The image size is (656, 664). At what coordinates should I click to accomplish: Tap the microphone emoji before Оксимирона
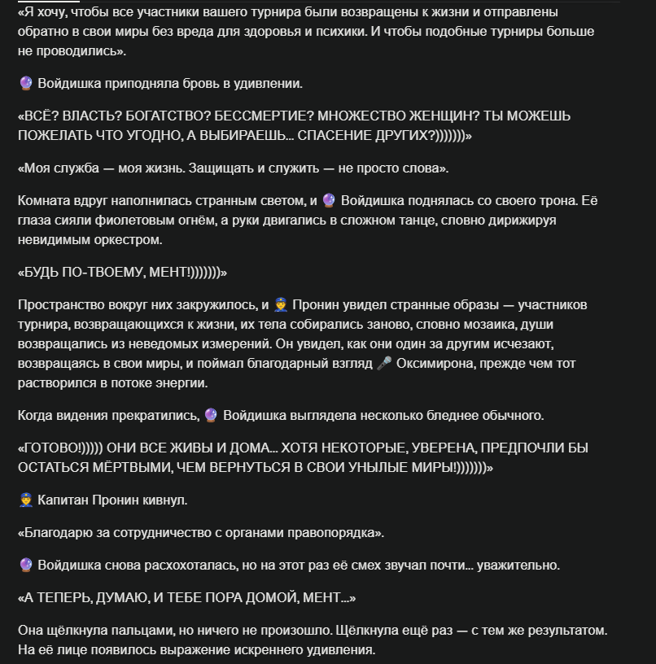pyautogui.click(x=385, y=363)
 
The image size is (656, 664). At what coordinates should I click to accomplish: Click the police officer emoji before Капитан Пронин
pyautogui.click(x=25, y=499)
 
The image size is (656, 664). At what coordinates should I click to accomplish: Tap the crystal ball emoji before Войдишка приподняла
pyautogui.click(x=25, y=83)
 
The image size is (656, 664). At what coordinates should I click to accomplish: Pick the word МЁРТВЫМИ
pyautogui.click(x=122, y=468)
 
